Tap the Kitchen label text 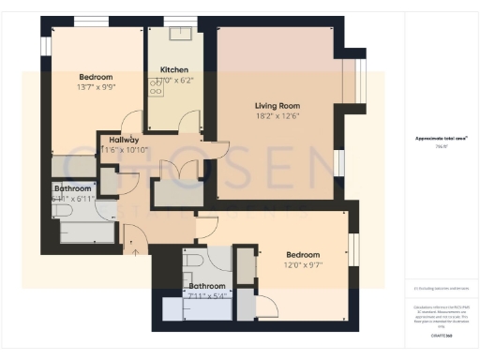(173, 70)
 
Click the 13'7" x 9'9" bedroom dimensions (96, 88)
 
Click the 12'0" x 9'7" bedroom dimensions (302, 266)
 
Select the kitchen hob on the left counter (152, 85)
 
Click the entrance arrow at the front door (136, 247)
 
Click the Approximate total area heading (441, 137)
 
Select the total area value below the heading (441, 146)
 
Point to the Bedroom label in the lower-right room (302, 254)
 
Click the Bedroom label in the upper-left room (96, 77)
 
